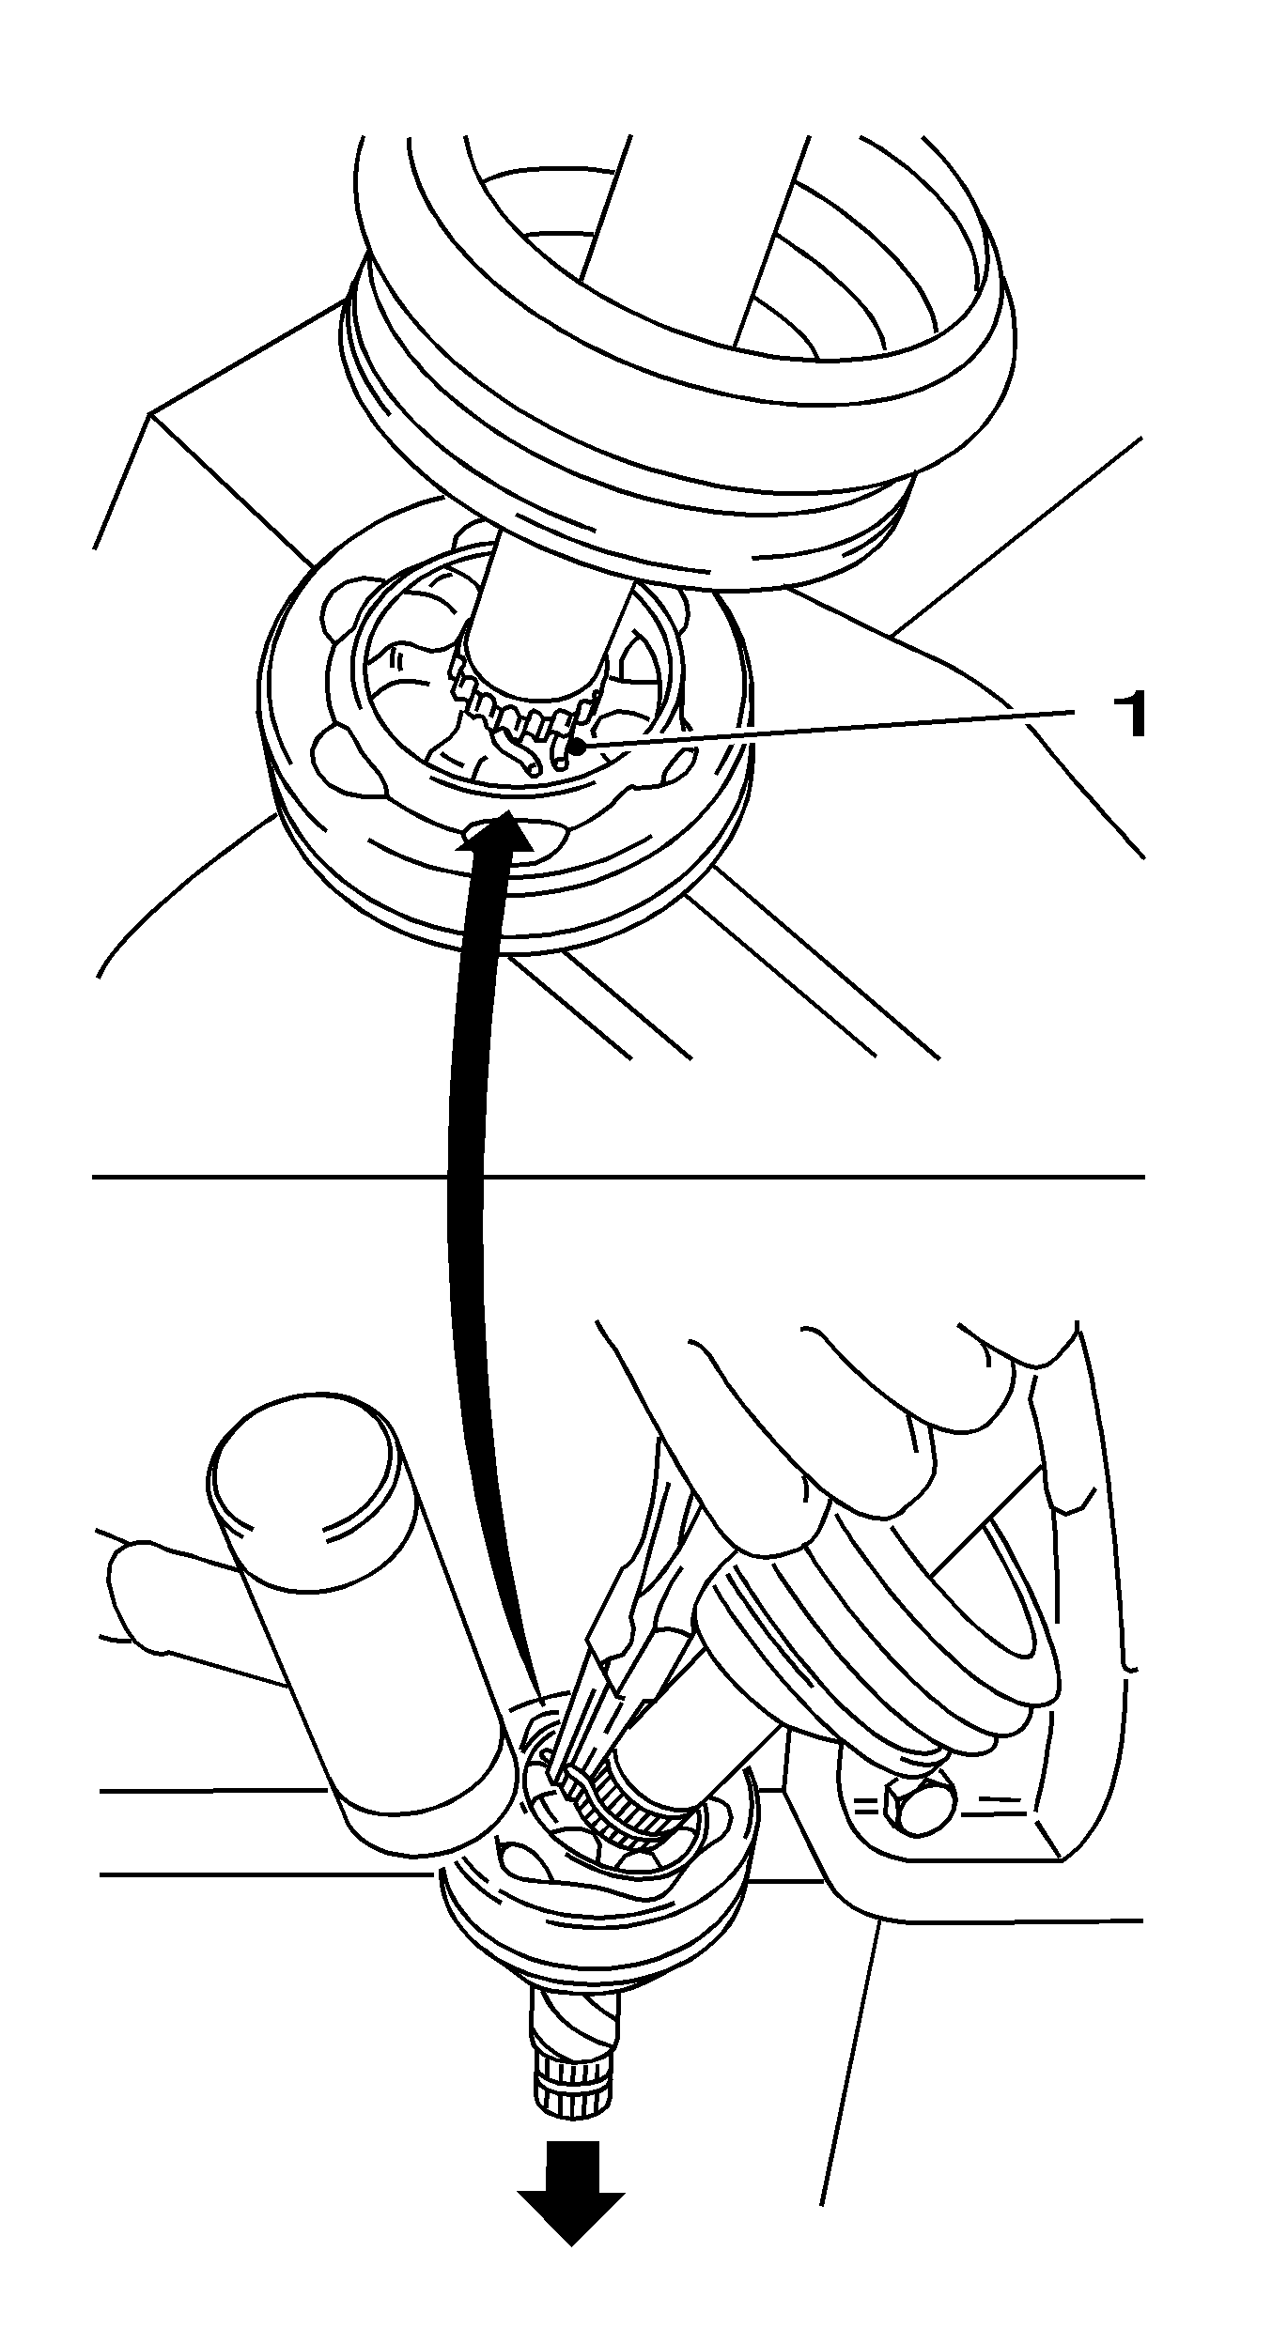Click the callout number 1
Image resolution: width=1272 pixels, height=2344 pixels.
1127,717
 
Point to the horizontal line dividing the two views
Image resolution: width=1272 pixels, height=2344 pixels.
618,1176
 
